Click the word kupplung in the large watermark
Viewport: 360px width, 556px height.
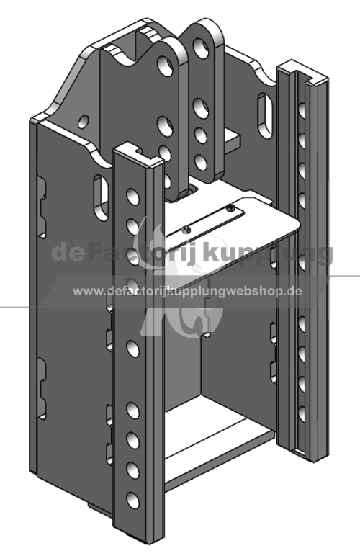tap(269, 253)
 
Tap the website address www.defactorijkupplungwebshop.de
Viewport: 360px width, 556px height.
tap(187, 292)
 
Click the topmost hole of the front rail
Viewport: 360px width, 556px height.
tap(133, 197)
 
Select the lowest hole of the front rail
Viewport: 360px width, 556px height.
tap(133, 501)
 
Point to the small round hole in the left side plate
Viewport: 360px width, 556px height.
tap(84, 122)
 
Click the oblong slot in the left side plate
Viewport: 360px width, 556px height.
tap(101, 197)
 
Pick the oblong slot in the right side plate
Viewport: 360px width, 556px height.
tap(265, 115)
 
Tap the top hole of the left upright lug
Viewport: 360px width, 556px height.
tap(165, 66)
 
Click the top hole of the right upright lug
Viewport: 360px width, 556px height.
tap(201, 48)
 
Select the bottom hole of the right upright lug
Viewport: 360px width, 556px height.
tap(201, 162)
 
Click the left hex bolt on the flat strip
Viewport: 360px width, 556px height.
tap(186, 230)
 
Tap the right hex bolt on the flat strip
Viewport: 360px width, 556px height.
tap(230, 207)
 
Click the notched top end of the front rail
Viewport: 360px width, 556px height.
tap(138, 153)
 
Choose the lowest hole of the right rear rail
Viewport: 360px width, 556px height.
tap(302, 414)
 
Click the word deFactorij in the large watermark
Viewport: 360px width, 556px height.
tap(127, 253)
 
